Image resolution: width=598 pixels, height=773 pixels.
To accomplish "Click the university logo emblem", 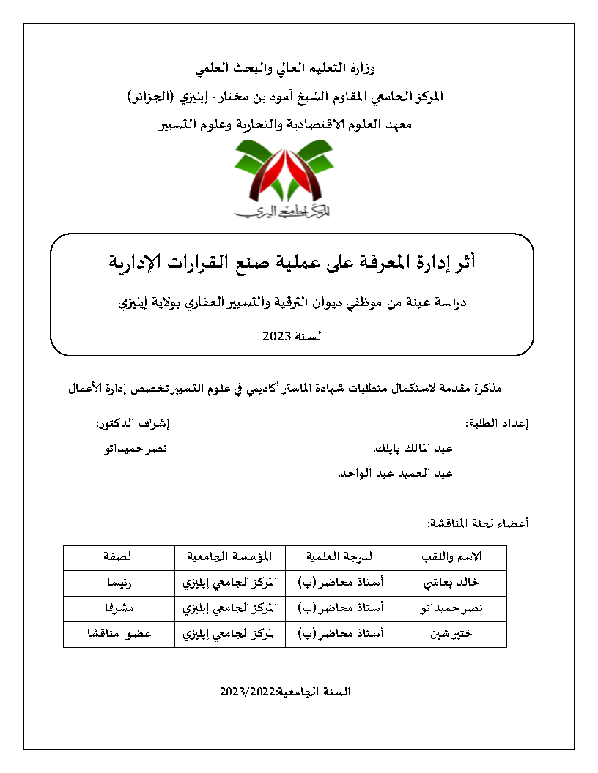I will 283,179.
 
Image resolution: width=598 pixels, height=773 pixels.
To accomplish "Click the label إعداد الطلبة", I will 498,423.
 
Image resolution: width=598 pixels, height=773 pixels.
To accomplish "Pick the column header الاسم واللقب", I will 451,557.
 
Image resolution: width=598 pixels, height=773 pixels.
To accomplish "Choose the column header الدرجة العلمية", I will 340,557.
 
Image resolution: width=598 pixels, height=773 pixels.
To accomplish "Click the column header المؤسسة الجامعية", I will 229,557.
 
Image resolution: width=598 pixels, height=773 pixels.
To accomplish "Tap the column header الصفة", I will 118,557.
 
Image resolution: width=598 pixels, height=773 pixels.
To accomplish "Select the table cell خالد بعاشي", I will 451,583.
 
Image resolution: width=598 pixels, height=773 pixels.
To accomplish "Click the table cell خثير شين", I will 451,634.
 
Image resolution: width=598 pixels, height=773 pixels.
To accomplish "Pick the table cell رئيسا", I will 118,583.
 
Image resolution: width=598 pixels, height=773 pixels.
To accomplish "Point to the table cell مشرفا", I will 118,608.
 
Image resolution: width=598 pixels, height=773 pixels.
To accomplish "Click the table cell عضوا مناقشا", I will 118,634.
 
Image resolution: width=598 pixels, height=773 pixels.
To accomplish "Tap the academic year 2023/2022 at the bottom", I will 285,692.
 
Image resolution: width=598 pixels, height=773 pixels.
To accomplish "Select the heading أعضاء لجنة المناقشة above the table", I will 478,523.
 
